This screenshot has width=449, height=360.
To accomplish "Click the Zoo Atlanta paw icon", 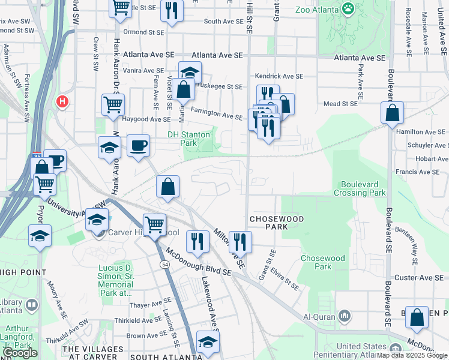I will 348,8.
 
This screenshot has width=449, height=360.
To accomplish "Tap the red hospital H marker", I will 61,102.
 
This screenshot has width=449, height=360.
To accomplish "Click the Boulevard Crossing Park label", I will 363,188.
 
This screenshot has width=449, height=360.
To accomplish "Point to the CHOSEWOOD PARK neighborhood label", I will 277,223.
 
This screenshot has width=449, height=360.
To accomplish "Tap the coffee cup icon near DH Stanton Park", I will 138,146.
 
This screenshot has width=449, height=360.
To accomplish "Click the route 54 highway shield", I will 164,264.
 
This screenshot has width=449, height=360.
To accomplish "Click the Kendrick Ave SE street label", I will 279,76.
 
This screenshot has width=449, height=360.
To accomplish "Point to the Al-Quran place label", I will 318,317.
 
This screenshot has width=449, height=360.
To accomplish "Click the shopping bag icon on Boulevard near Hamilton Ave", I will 392,113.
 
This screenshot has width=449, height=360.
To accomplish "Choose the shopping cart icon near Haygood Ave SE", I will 113,105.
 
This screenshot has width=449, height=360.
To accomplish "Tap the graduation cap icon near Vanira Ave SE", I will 190,73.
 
